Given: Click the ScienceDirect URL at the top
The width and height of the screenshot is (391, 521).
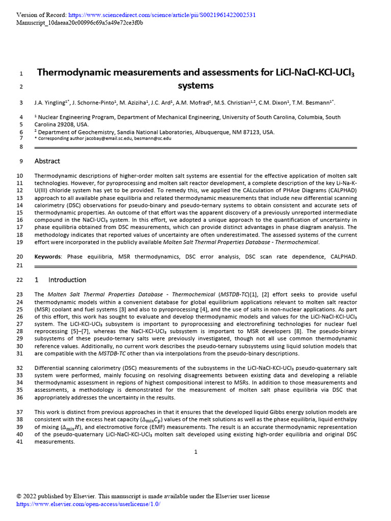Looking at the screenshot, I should tap(158, 15).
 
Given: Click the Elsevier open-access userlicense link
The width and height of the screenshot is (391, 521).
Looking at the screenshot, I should tap(88, 504).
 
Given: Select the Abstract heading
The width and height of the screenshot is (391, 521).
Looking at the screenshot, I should tap(47, 161).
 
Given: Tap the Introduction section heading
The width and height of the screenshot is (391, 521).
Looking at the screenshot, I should tap(67, 280).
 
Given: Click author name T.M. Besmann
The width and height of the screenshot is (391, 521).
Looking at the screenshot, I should tap(318, 103).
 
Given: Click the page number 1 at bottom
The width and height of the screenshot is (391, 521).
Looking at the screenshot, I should tap(195, 451).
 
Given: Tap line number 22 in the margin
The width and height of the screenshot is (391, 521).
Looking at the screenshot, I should tap(20, 280).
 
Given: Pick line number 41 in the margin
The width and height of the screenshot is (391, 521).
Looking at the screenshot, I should tap(20, 442).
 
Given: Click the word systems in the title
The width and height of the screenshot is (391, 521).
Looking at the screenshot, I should tap(195, 85).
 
